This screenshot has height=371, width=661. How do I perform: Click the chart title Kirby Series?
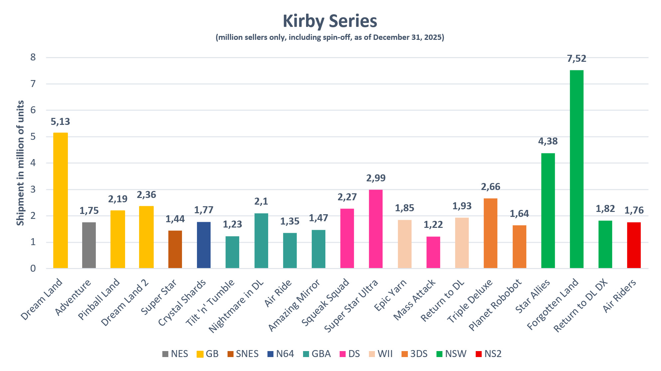point(330,21)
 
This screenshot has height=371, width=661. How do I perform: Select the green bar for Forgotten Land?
point(577,169)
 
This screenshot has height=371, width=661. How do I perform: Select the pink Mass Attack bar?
point(433,252)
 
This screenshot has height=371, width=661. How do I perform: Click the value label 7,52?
point(577,59)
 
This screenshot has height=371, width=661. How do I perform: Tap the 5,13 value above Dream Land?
point(60,122)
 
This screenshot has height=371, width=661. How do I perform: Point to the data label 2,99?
point(376,178)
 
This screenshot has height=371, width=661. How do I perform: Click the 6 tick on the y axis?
point(33,110)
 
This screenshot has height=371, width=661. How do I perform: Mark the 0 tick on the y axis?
point(33,268)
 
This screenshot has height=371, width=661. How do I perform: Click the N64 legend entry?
point(281,354)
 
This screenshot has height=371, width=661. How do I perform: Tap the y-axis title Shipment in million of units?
point(20,163)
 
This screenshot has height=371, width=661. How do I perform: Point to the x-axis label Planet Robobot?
point(495,305)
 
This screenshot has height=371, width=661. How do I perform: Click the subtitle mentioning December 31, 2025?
point(330,37)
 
